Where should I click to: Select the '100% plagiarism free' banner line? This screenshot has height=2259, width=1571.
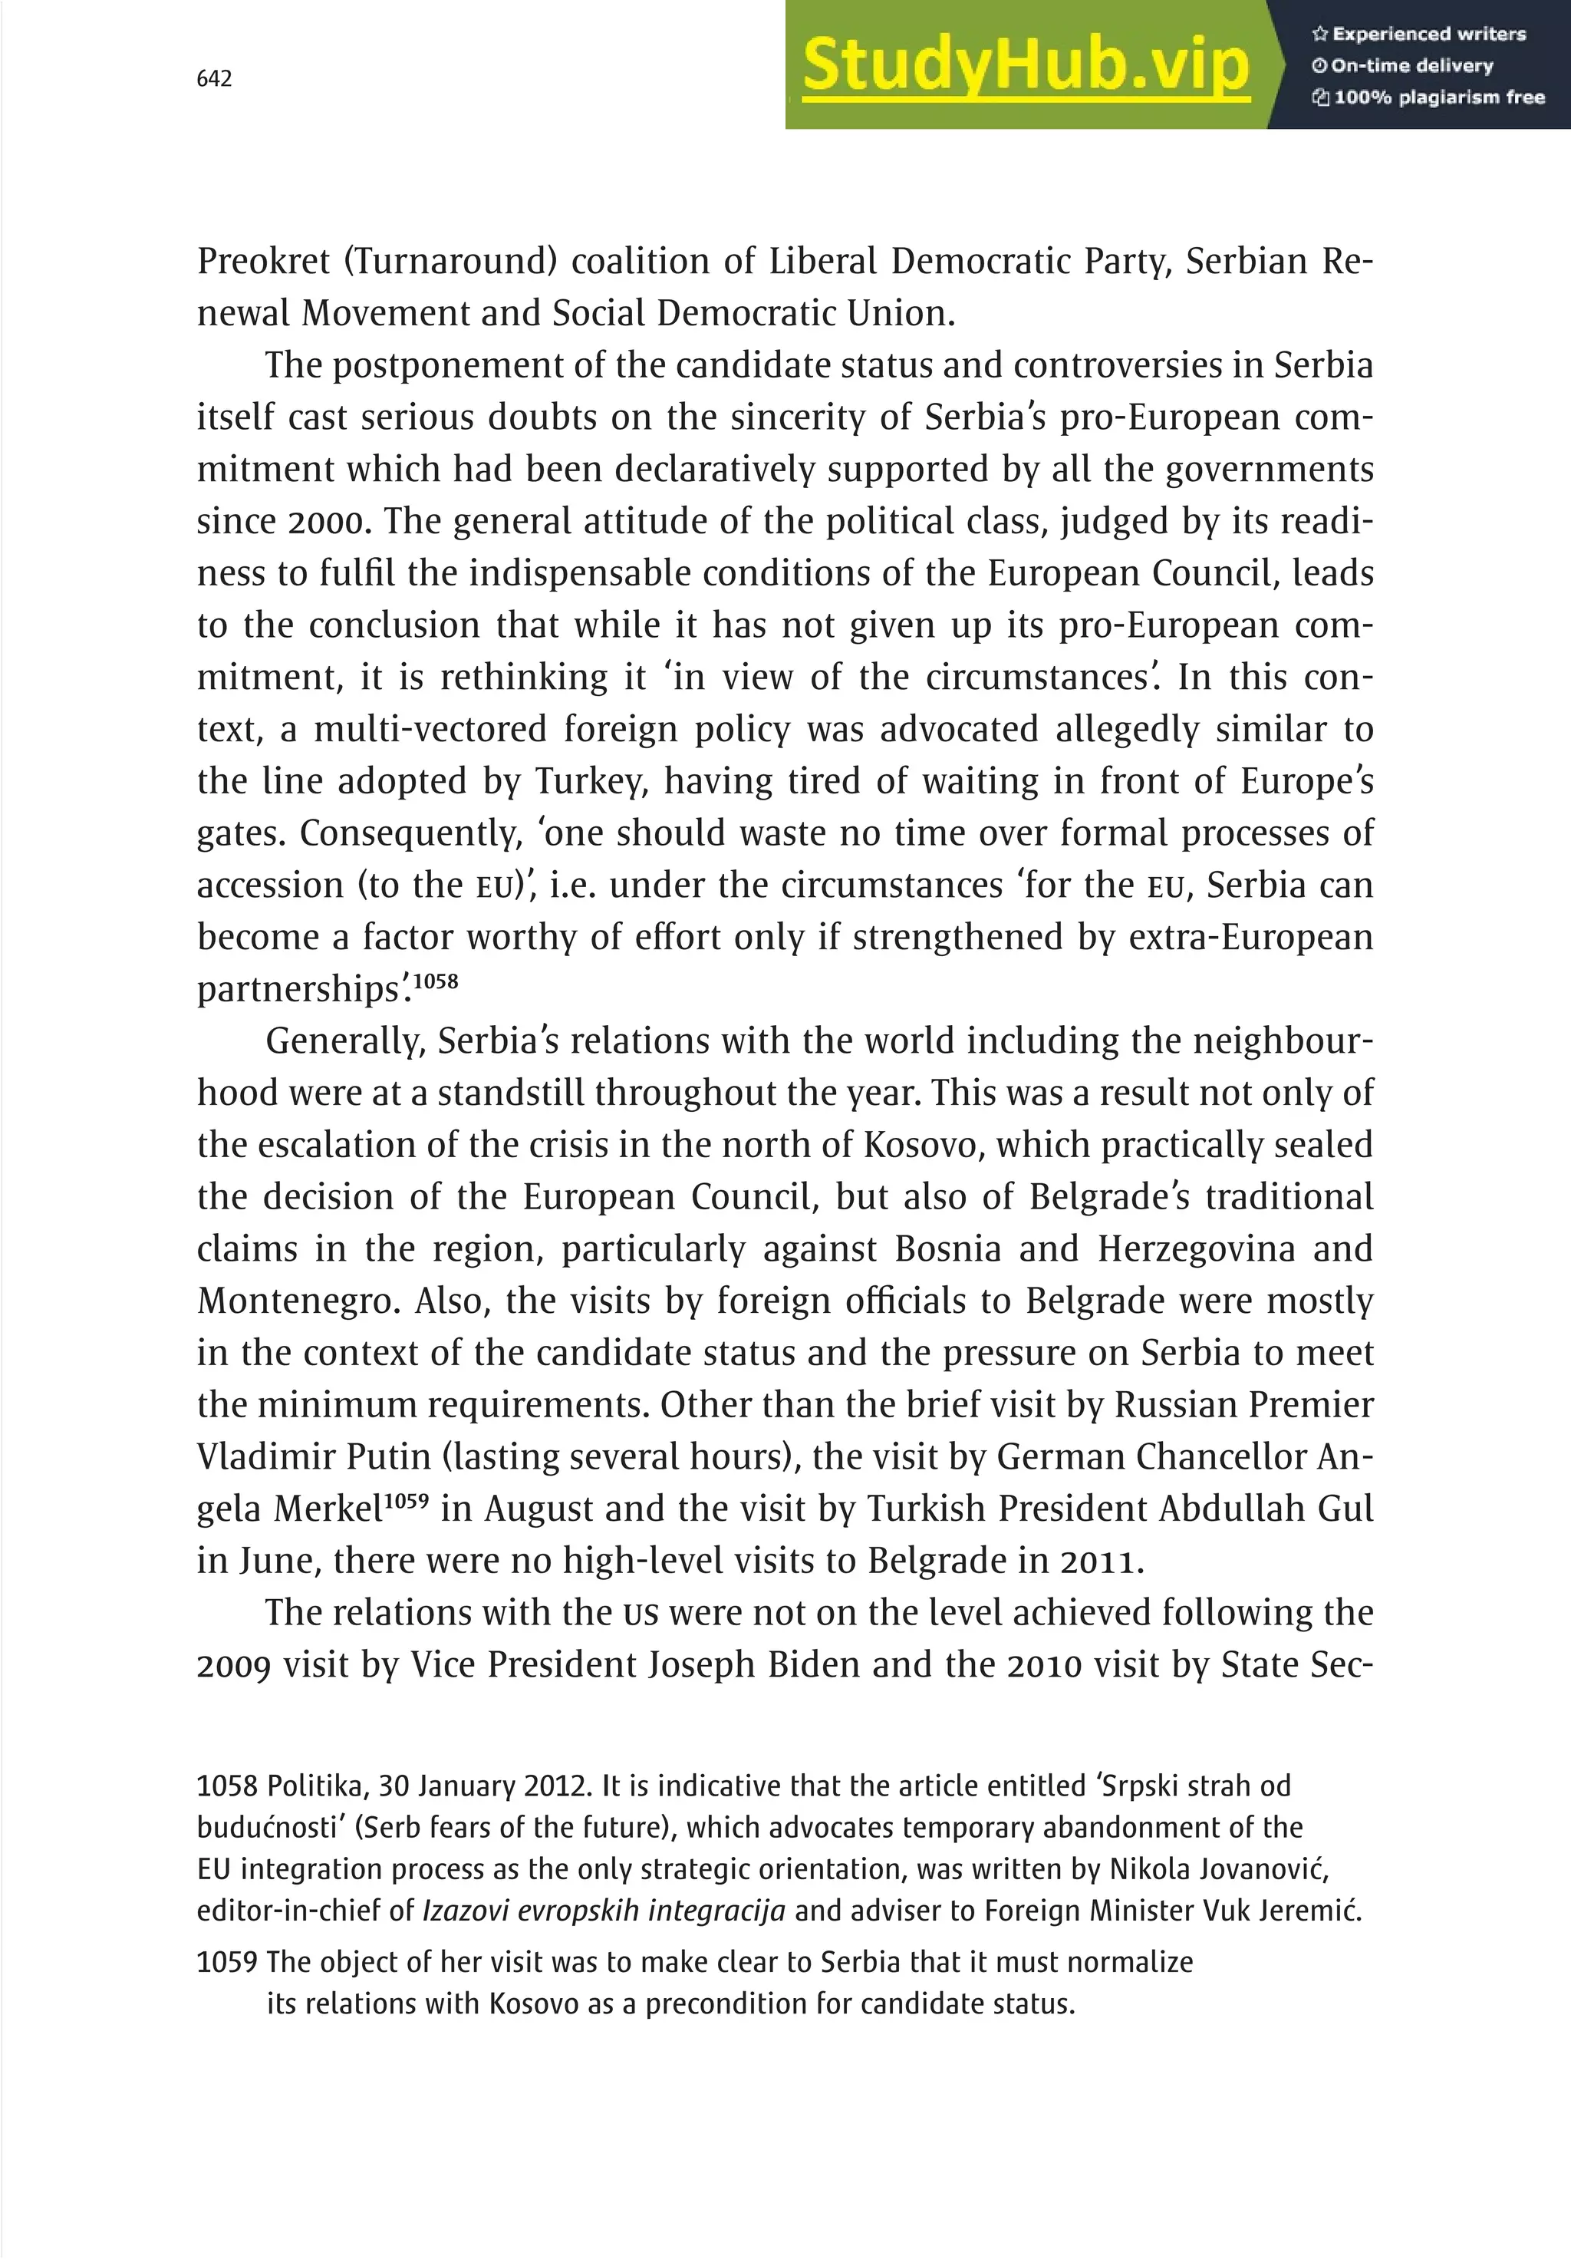pyautogui.click(x=1428, y=97)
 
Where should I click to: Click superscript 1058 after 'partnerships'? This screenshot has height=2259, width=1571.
pyautogui.click(x=435, y=982)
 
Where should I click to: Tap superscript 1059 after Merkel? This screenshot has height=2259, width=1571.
pyautogui.click(x=405, y=1502)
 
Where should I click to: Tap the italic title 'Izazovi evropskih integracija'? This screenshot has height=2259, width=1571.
pyautogui.click(x=603, y=1911)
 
